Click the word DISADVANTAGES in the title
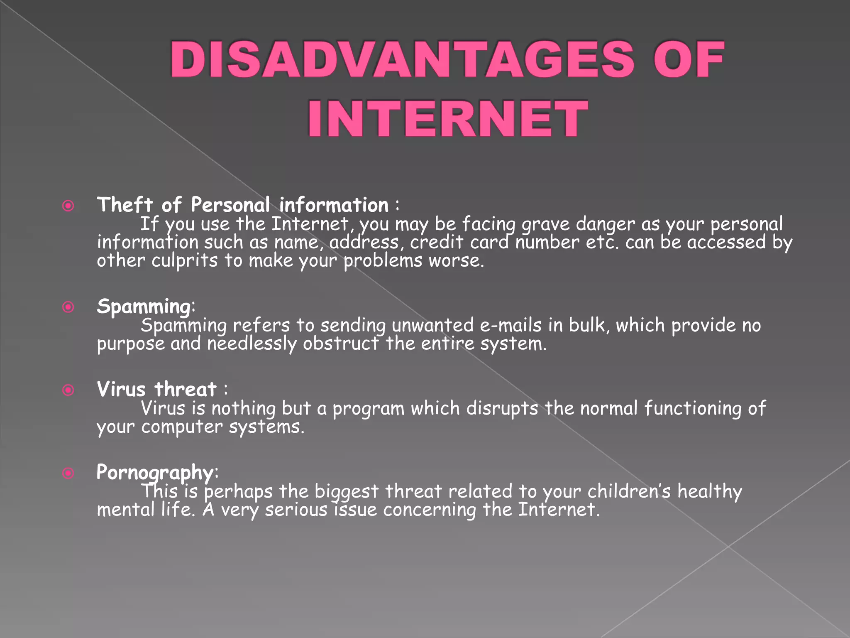[x=402, y=60]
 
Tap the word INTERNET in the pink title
[x=447, y=119]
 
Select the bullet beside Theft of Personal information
[x=68, y=206]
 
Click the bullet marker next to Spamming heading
[x=68, y=307]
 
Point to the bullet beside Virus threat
[x=68, y=390]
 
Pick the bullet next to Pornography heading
[x=68, y=473]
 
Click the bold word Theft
[x=125, y=205]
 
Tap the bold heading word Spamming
[x=144, y=307]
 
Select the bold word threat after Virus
[x=186, y=390]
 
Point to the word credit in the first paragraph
[x=437, y=242]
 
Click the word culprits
[x=184, y=261]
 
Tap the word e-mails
[x=510, y=325]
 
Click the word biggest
[x=347, y=492]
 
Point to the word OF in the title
[x=689, y=60]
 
